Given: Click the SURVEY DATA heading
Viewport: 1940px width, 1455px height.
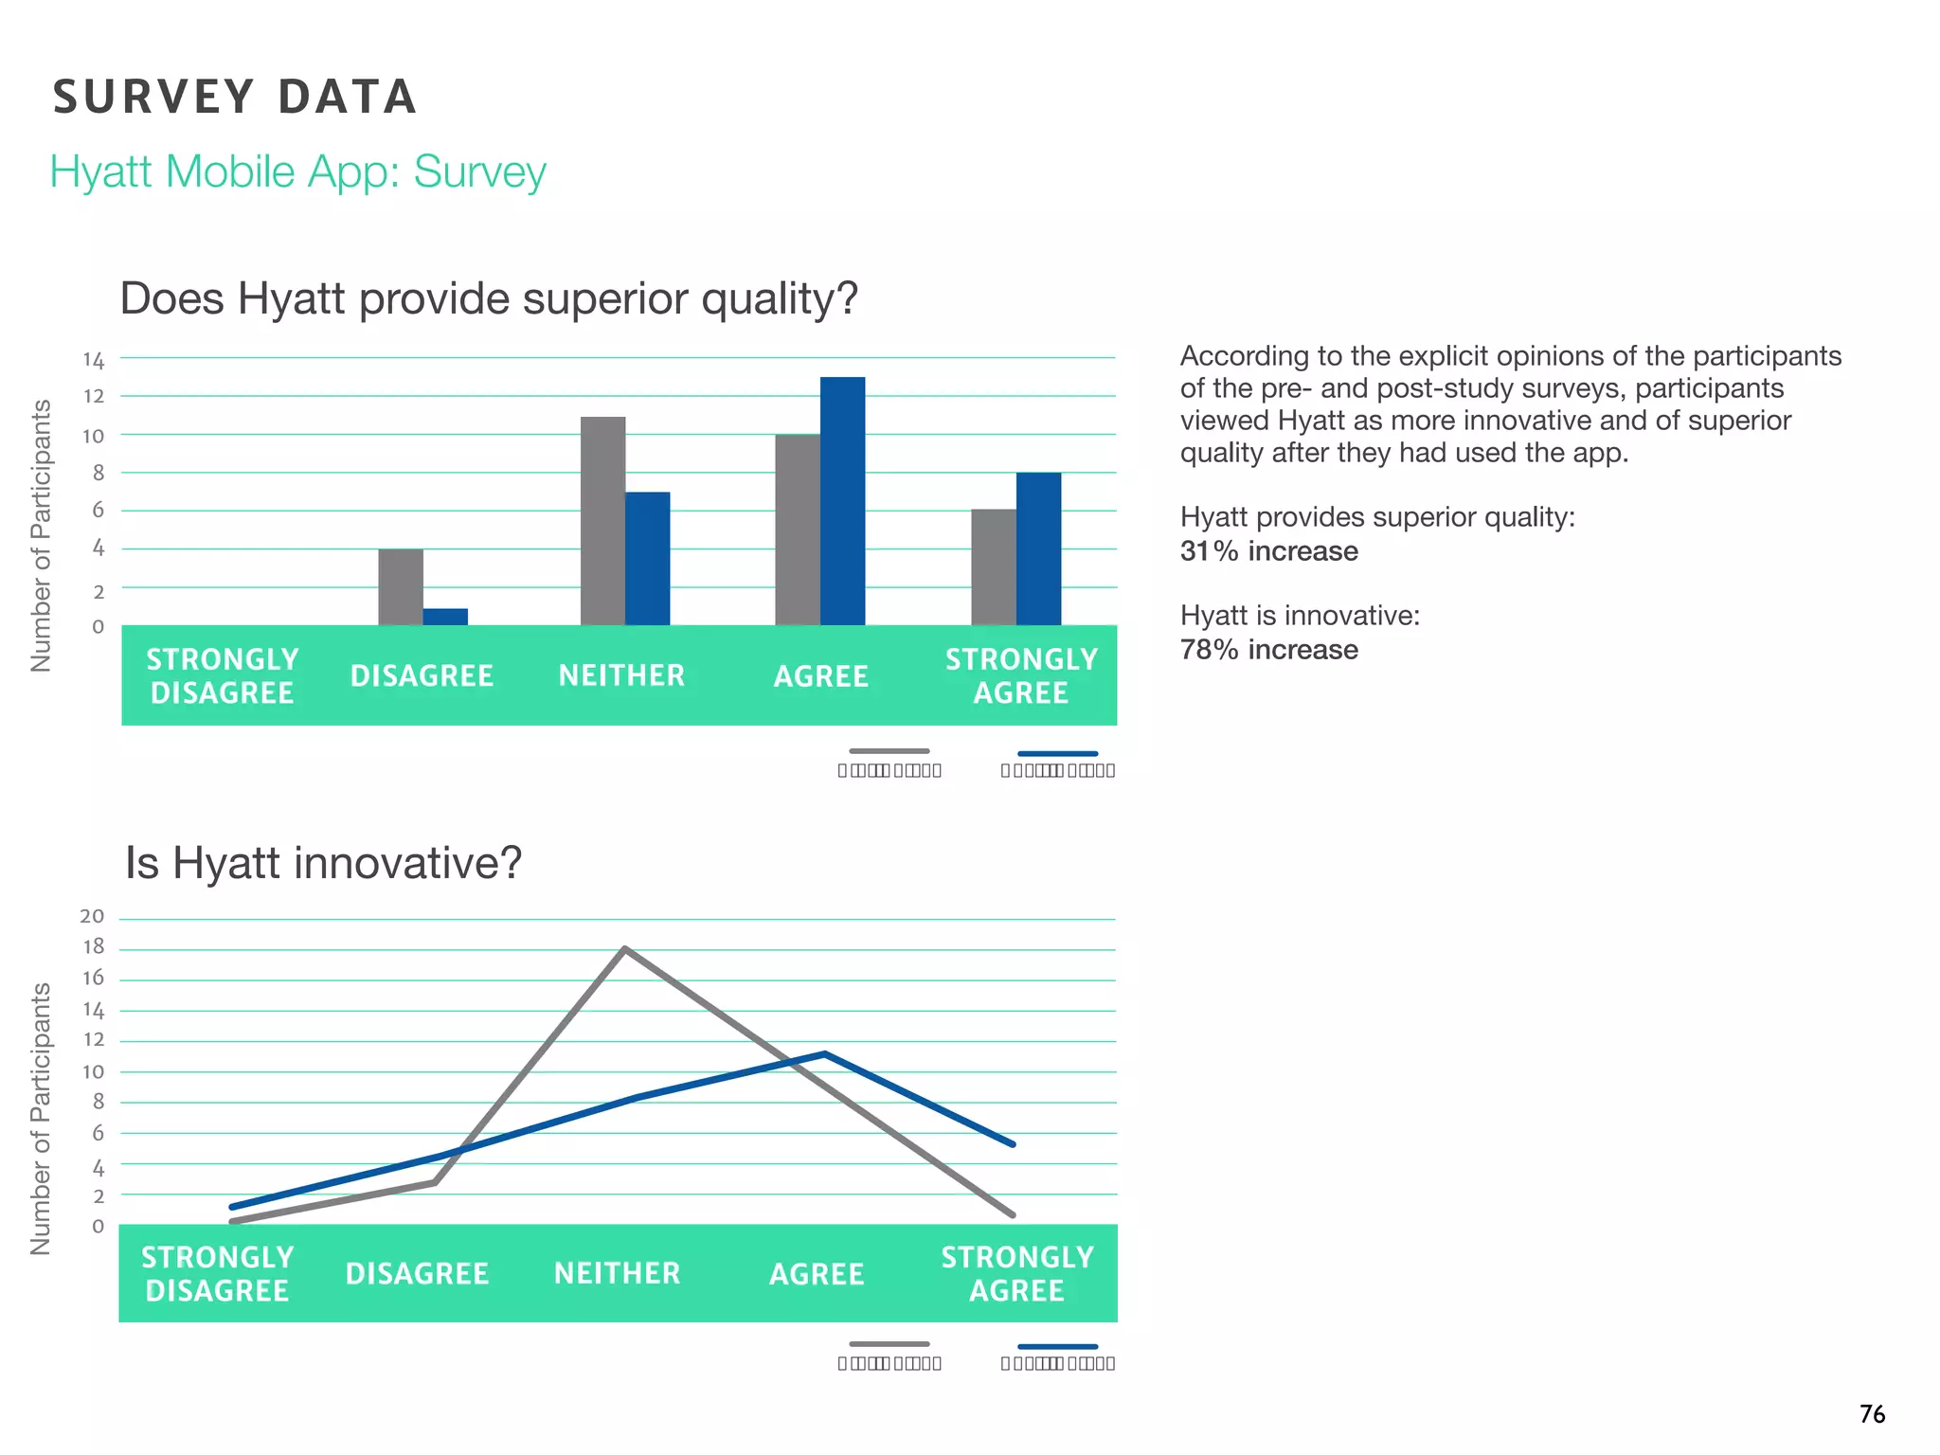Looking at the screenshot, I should (x=235, y=97).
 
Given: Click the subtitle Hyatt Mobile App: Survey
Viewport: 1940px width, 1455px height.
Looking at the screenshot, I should (x=297, y=172).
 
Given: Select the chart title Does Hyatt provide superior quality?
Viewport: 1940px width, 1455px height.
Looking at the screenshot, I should (x=488, y=298).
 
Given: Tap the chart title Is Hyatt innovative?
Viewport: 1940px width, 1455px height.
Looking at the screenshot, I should (x=323, y=863).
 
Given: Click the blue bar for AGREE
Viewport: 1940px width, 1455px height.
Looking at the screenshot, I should (x=842, y=502).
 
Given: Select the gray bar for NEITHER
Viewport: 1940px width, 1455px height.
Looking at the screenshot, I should (x=602, y=521).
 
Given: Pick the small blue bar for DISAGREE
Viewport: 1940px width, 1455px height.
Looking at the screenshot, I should (x=445, y=617).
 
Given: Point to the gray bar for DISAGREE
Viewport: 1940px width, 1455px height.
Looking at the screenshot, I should (x=401, y=587).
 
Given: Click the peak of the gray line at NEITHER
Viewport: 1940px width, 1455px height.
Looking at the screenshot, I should (x=625, y=949).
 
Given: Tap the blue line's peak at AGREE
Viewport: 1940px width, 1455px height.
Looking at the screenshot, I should (x=824, y=1053).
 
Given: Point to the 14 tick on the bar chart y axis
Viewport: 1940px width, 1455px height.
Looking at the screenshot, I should (x=93, y=360).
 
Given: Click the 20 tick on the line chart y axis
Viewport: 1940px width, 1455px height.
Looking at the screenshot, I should (x=92, y=916).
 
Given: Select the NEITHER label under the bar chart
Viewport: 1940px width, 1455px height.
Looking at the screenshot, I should (x=621, y=675).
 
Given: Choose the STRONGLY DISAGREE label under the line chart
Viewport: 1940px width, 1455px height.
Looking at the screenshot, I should (x=217, y=1273).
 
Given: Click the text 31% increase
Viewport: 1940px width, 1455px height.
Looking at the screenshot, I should (x=1268, y=551).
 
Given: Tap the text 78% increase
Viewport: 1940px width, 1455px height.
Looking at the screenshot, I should (x=1268, y=650).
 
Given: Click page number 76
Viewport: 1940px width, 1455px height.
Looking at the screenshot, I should (x=1872, y=1414).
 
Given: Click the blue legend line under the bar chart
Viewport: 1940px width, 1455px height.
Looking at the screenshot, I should (x=1057, y=753).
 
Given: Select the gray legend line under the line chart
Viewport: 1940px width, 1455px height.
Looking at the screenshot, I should (x=889, y=1344).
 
